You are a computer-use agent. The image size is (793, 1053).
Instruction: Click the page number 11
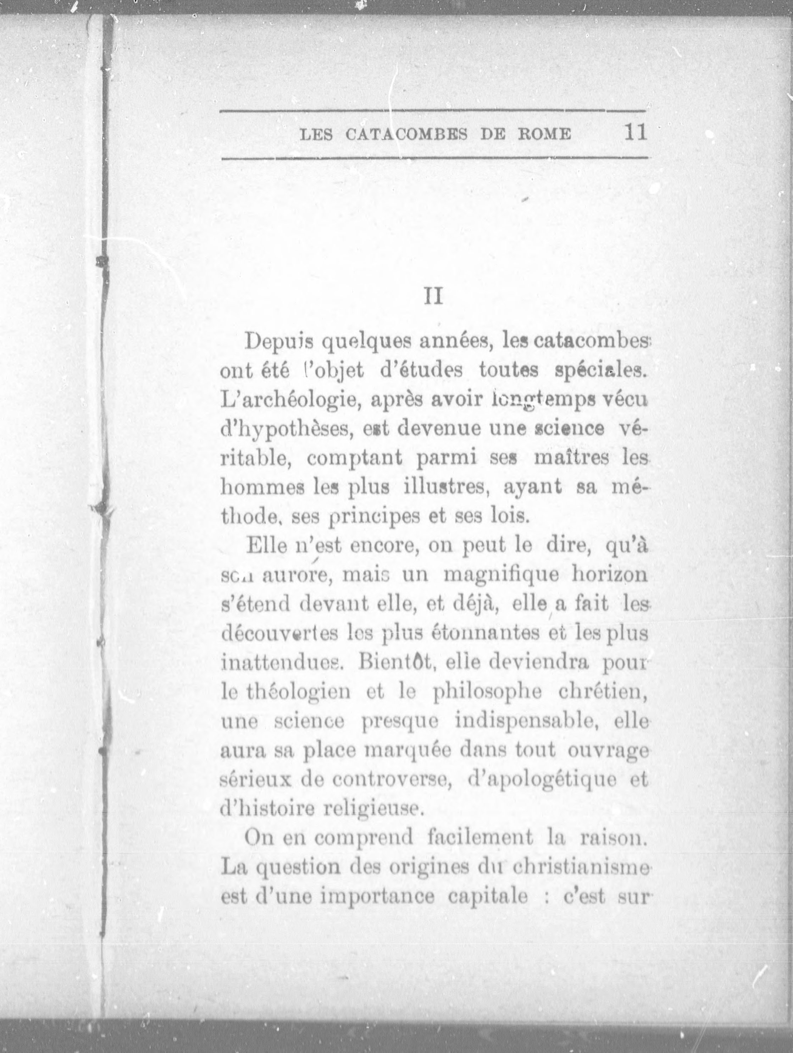tap(635, 132)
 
